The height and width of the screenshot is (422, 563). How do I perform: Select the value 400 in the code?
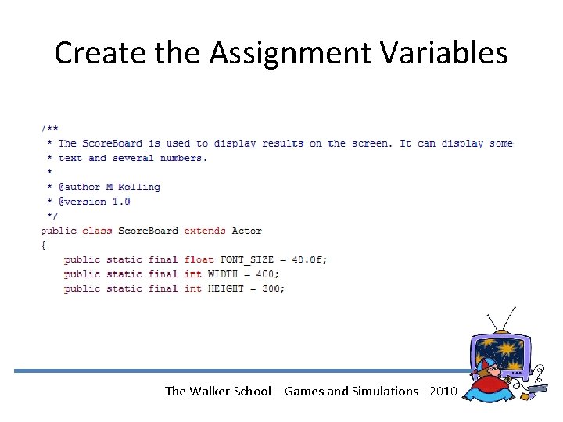[x=267, y=274]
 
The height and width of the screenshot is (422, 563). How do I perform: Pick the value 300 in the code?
[x=273, y=288]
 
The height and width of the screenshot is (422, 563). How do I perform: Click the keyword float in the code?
[x=199, y=259]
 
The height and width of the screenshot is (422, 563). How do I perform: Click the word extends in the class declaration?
[x=205, y=231]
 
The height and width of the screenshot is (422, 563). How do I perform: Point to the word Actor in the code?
[x=246, y=231]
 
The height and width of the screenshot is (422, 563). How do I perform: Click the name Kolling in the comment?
[x=139, y=187]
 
